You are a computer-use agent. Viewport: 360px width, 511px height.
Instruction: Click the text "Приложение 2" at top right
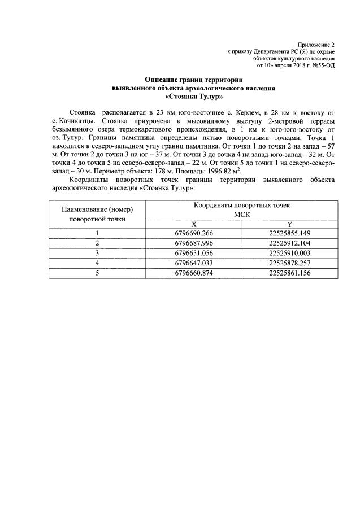click(318, 43)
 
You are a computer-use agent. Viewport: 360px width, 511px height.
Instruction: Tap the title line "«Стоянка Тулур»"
click(194, 97)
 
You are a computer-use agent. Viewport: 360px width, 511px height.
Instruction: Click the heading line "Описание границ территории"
click(194, 80)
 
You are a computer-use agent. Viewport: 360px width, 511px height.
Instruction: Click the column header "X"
click(194, 224)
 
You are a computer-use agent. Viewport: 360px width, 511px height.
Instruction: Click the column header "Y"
click(290, 224)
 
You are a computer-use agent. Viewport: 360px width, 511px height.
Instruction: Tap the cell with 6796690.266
click(194, 233)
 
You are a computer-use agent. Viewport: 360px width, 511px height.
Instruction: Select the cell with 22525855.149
click(290, 233)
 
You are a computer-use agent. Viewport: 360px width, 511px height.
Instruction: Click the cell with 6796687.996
click(194, 243)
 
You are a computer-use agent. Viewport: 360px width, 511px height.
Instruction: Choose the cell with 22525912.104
click(290, 243)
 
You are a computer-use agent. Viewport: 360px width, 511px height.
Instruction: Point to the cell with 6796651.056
click(194, 253)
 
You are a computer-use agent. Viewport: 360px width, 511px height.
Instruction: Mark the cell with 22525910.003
click(290, 253)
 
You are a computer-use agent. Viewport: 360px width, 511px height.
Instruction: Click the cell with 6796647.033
click(194, 263)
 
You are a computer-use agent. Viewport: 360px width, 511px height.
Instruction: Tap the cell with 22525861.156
click(290, 273)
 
